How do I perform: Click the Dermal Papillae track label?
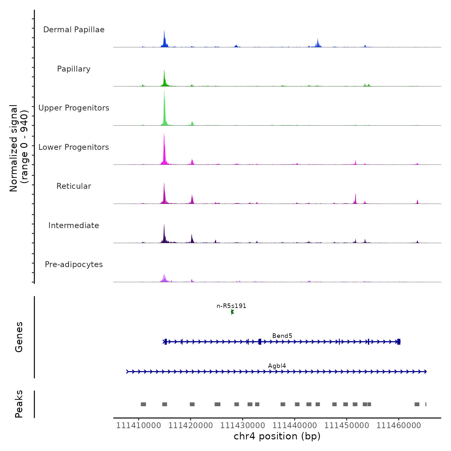74,30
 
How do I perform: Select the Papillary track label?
74,69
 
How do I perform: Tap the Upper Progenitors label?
74,108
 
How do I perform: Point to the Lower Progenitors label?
74,147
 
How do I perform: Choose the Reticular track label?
74,186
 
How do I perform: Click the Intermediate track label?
74,225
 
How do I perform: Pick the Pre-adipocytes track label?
74,264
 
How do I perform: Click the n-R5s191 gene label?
231,306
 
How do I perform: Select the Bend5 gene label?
282,336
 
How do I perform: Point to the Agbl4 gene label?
277,366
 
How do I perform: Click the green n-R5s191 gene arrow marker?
232,312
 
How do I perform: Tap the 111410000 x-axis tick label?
139,426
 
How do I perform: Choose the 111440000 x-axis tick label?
294,426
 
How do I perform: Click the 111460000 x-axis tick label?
398,426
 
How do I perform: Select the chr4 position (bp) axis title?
277,437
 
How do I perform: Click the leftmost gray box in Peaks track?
143,404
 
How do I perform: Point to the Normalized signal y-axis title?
19,148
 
